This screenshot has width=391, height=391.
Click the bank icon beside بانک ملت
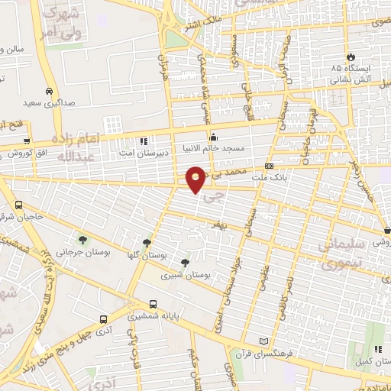click(x=269, y=166)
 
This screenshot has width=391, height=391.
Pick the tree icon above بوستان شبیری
click(x=185, y=262)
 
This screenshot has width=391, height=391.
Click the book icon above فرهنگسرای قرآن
click(x=265, y=341)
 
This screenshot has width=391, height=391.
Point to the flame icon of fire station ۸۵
click(x=351, y=57)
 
